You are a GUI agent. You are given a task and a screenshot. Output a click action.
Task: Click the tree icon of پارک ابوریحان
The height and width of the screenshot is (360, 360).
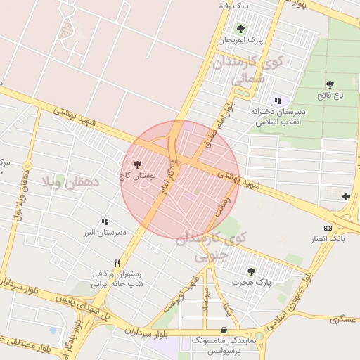click(241, 29)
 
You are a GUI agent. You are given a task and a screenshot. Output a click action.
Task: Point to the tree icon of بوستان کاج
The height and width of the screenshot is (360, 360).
click(137, 165)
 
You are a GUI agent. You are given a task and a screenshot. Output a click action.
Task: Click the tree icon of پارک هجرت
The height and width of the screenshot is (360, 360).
click(251, 271)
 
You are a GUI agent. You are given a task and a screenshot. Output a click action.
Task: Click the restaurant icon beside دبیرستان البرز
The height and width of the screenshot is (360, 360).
click(105, 221)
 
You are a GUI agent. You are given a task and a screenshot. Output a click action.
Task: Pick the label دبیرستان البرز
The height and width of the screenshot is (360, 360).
click(105, 232)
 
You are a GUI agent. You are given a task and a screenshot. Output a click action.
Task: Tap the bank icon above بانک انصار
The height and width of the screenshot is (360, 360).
click(328, 228)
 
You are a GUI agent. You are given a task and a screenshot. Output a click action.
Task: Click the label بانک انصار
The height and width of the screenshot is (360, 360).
click(328, 239)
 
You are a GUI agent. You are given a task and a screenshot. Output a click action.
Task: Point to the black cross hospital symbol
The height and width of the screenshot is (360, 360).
click(346, 196)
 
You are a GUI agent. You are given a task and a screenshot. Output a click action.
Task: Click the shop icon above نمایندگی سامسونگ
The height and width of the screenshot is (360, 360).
click(224, 330)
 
